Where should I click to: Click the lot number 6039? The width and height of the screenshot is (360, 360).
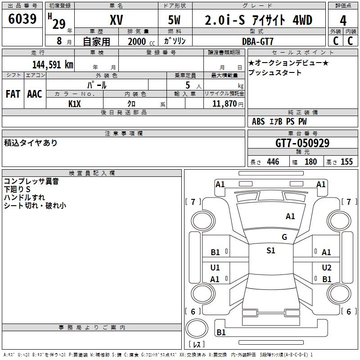(x=22, y=18)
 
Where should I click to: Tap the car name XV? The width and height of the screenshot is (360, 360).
(x=117, y=20)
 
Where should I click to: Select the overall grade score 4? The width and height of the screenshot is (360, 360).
(x=343, y=21)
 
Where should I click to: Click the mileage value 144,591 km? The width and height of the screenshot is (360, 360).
(x=53, y=65)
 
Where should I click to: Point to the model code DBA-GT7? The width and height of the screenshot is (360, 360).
(x=257, y=41)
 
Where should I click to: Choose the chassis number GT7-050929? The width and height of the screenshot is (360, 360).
(x=302, y=143)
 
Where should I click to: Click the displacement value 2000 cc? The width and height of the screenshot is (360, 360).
(x=141, y=41)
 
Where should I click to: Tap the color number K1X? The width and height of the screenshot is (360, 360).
(x=75, y=104)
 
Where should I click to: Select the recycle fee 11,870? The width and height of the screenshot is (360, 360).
(x=224, y=104)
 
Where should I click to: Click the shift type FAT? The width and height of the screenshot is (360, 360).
(x=13, y=94)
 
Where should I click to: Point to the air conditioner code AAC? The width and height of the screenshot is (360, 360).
(x=35, y=94)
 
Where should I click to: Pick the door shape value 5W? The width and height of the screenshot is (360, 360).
(x=174, y=20)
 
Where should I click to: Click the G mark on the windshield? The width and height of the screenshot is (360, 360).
(x=284, y=237)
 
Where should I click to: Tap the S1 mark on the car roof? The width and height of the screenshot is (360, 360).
(x=271, y=251)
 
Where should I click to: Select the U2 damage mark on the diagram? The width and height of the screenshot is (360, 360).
(x=327, y=267)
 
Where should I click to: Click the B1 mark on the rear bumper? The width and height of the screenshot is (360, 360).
(x=221, y=332)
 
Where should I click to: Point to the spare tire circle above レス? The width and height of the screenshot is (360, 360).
(x=197, y=328)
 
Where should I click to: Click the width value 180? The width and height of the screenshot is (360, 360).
(x=310, y=162)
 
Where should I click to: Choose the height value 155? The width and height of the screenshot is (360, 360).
(x=346, y=162)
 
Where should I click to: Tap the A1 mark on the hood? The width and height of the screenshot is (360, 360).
(x=290, y=216)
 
